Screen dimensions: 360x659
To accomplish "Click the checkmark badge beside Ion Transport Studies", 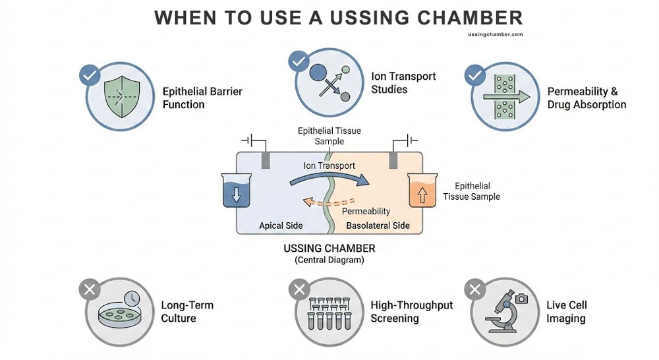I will coord(299,61).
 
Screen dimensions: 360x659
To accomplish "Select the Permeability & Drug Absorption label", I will coord(587,98).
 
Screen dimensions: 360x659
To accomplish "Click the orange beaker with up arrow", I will coord(423,192).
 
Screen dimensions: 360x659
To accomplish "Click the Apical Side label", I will coord(281,225).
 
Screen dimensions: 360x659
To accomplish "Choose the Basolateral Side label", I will coord(378,225).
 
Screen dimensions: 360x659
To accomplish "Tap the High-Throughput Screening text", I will coord(412,312).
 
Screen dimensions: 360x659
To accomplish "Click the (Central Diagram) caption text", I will coord(329,260).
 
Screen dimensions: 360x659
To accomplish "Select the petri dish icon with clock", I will coord(119,313).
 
